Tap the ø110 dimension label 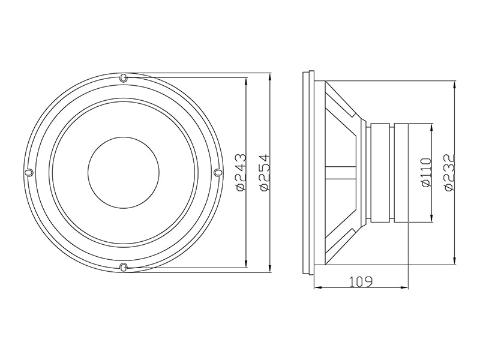pos(427,173)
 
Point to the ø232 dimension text pos(451,173)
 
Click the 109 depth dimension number pos(361,281)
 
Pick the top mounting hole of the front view pos(123,78)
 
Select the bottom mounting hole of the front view pos(123,266)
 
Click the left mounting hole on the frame pos(29,173)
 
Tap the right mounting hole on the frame pos(217,173)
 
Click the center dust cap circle pos(124,173)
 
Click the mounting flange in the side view pos(310,173)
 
